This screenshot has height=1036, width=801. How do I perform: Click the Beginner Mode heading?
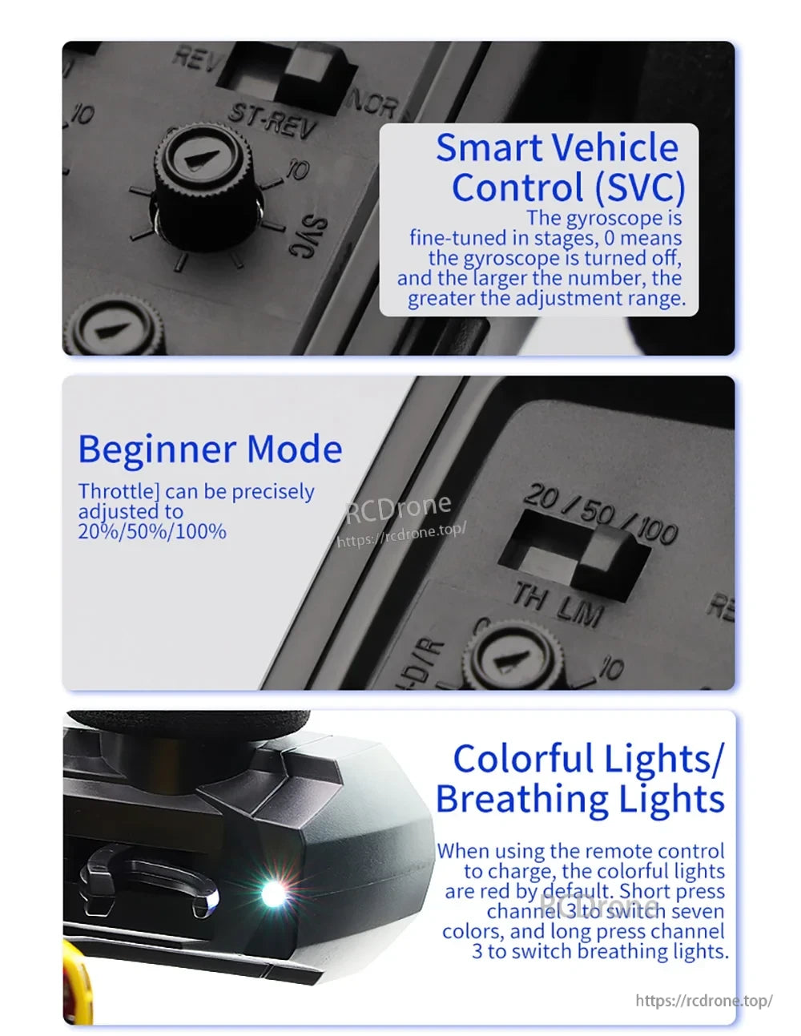point(210,449)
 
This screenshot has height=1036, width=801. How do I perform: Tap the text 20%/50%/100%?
point(152,531)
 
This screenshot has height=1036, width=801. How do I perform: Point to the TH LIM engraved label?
point(557,606)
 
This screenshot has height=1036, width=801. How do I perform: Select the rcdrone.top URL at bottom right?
point(704,1001)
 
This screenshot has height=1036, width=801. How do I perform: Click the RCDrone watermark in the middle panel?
point(398,506)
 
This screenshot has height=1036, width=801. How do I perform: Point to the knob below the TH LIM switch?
point(513,657)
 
